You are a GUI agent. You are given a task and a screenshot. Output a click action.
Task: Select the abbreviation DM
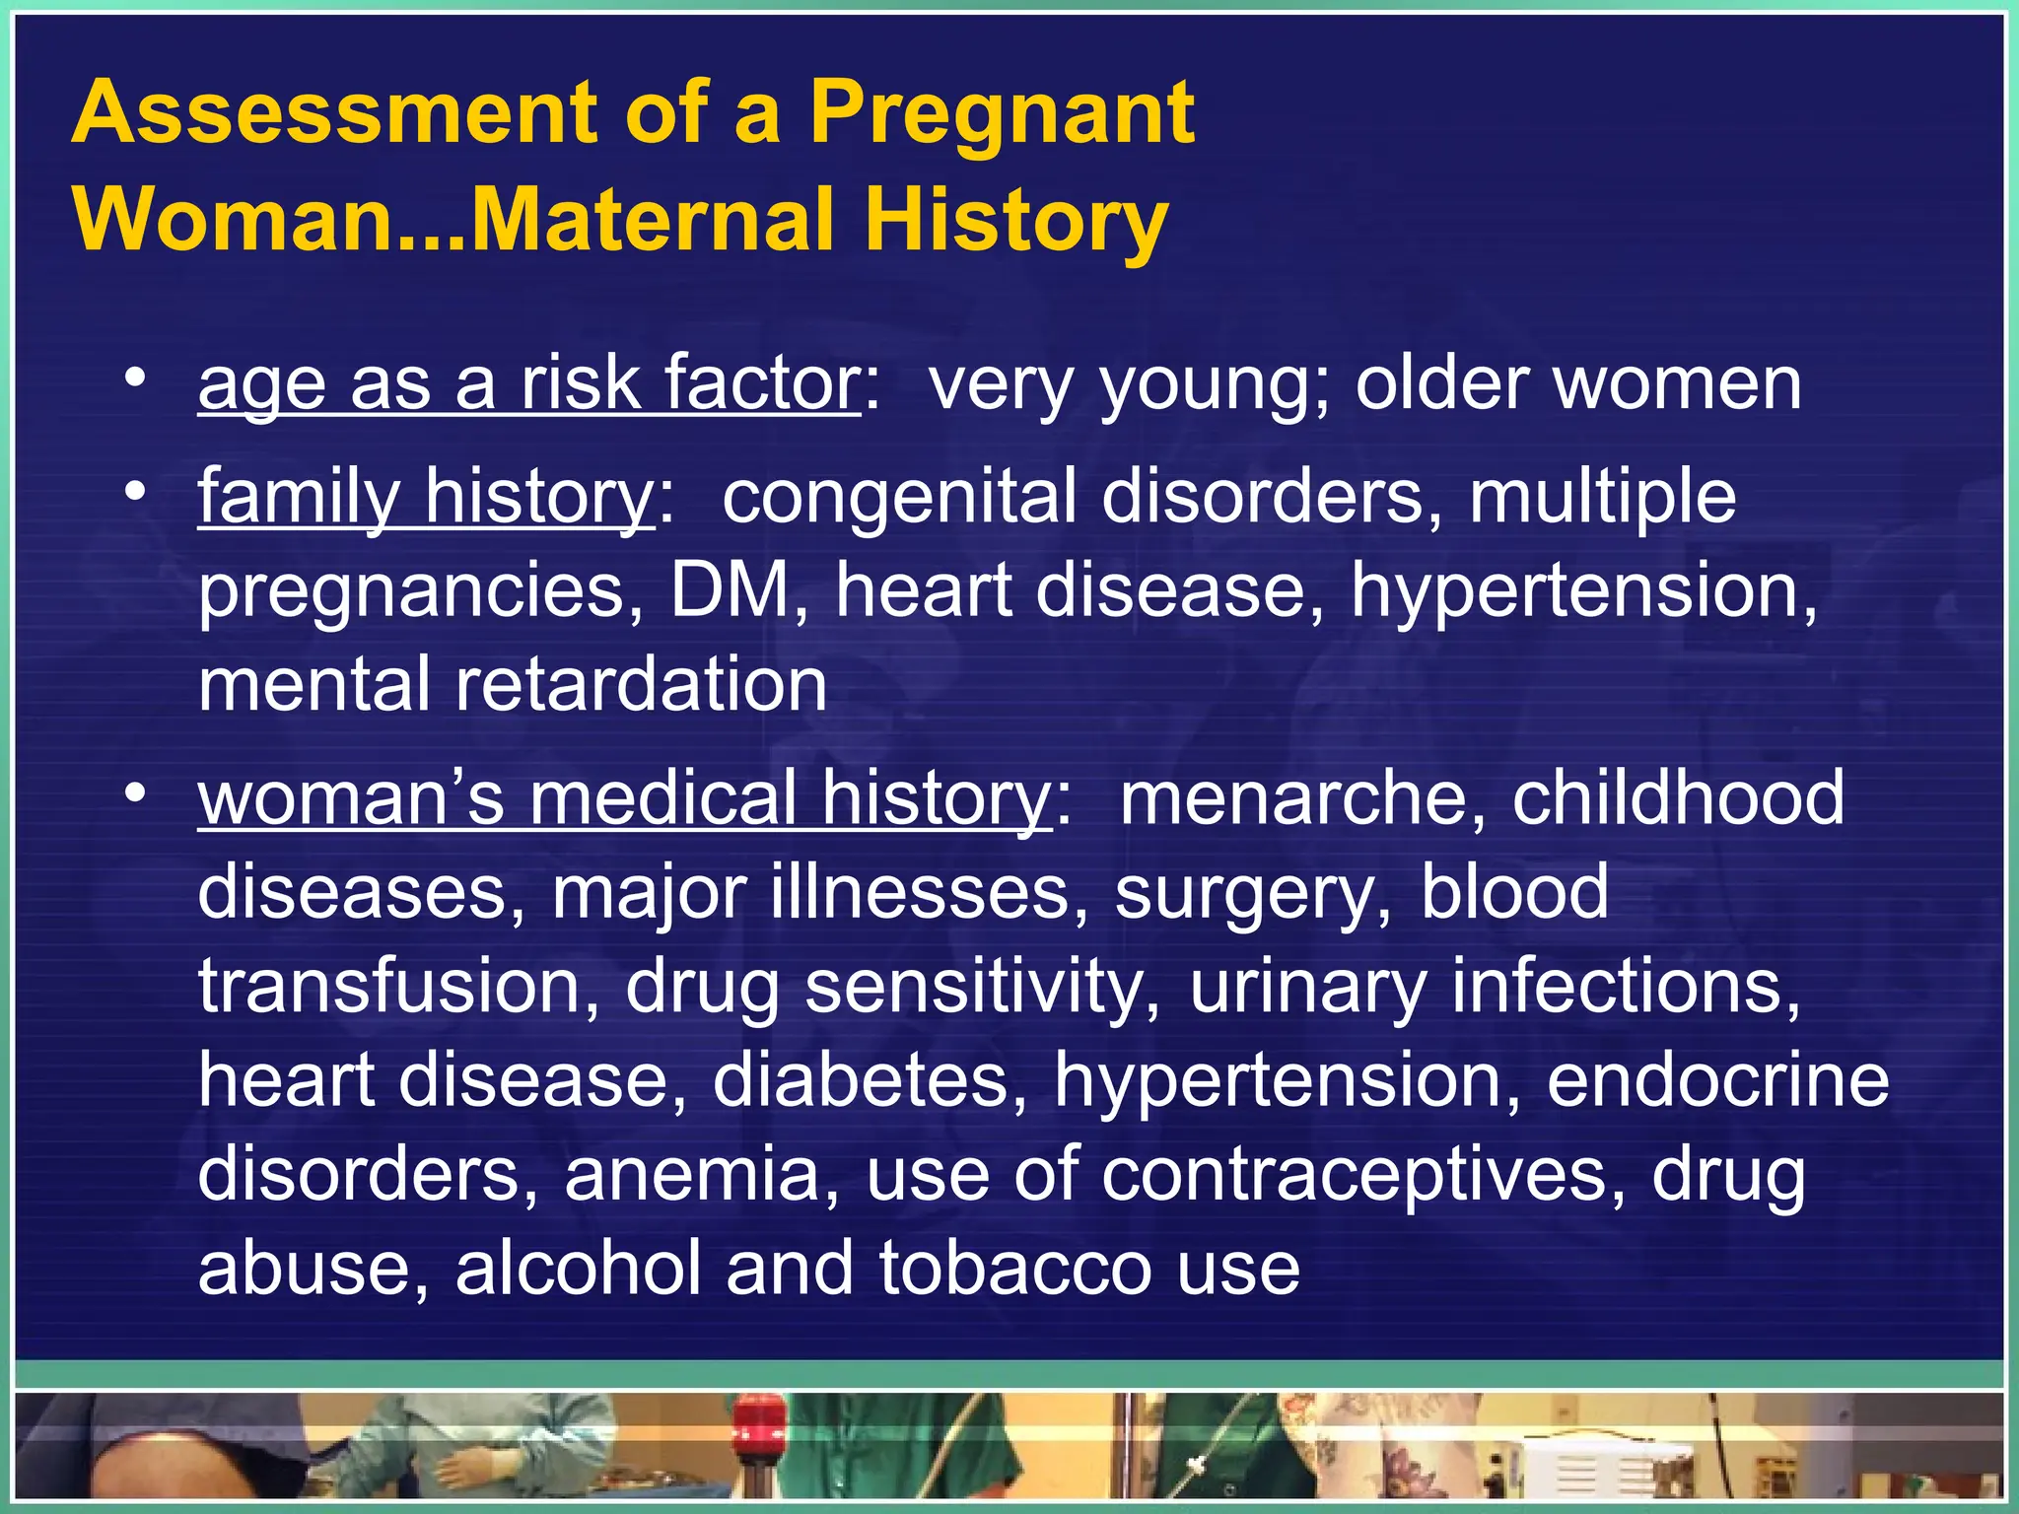click(731, 591)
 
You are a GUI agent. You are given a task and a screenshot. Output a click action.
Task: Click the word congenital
click(898, 497)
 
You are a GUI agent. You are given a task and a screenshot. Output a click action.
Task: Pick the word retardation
click(641, 686)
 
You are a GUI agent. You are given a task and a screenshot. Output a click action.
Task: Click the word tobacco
click(1014, 1270)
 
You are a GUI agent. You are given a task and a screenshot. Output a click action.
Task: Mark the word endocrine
click(1717, 1081)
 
